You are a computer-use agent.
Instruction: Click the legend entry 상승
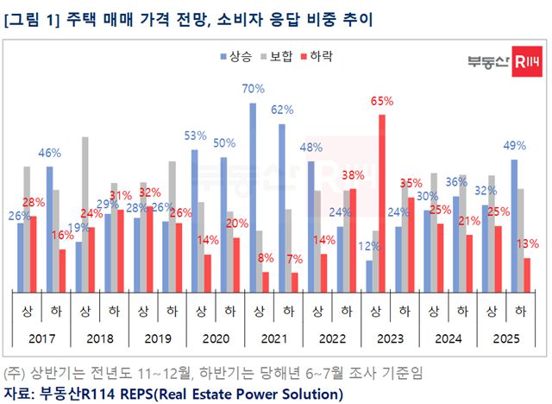click(234, 56)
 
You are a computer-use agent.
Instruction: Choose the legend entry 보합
click(280, 56)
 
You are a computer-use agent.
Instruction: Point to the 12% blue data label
click(369, 246)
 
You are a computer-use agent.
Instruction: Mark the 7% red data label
click(293, 259)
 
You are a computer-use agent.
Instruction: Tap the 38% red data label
click(353, 175)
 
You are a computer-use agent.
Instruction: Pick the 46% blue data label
click(49, 153)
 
